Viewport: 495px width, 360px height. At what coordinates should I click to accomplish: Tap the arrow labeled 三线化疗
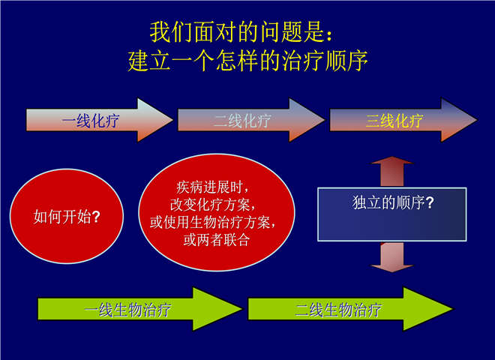click(403, 120)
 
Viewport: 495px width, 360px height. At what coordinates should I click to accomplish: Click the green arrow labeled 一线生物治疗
click(139, 309)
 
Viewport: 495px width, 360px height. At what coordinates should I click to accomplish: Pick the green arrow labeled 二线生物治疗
click(350, 309)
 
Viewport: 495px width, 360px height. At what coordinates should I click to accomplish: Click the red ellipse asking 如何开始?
click(67, 216)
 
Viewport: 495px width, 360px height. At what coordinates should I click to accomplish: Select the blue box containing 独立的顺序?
click(391, 214)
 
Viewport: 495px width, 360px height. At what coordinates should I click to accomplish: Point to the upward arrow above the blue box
click(391, 171)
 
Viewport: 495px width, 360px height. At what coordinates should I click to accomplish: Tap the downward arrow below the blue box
click(391, 257)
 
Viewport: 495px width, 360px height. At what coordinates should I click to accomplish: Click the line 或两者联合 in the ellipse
click(217, 240)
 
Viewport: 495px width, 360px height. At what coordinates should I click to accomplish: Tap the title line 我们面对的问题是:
click(241, 32)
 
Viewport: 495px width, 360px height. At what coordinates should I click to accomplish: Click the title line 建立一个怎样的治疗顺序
click(247, 60)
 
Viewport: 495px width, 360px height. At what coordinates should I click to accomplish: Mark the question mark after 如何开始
click(96, 217)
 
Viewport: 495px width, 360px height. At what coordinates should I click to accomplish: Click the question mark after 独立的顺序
click(430, 202)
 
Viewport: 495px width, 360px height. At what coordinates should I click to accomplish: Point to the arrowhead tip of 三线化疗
click(477, 120)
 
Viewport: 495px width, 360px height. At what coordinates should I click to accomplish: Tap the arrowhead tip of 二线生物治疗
click(453, 309)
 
